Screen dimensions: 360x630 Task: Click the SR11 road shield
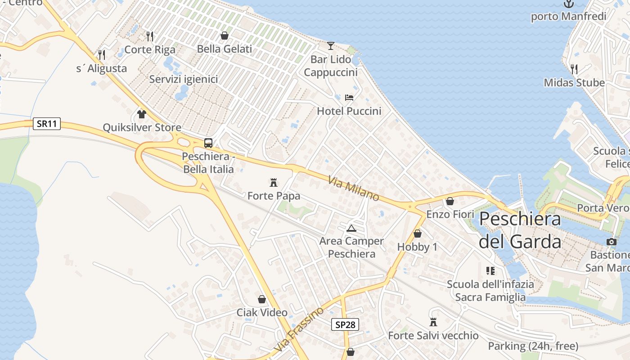pos(47,124)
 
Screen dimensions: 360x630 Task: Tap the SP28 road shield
pos(345,324)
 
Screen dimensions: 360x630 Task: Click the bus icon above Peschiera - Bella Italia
pos(208,143)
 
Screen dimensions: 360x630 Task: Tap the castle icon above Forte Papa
pos(273,182)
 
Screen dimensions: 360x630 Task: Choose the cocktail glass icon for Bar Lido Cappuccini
pos(331,45)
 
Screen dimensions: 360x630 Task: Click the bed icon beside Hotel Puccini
pos(349,97)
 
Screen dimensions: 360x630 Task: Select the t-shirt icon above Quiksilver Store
pos(142,114)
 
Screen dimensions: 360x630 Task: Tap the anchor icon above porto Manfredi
pos(569,4)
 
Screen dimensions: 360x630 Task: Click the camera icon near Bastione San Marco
pos(611,242)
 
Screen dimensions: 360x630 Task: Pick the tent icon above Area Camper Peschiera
pos(351,228)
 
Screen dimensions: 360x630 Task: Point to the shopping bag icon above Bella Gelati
pos(224,36)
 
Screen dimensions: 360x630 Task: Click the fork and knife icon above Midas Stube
pos(574,69)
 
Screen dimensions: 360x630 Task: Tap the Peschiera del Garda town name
pos(520,230)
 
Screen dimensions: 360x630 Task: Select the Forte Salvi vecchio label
pos(433,336)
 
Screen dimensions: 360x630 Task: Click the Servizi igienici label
pos(184,79)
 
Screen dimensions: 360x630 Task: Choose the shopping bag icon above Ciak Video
pos(262,299)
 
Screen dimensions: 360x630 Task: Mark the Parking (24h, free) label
pos(533,346)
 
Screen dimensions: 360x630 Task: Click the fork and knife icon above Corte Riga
pos(150,36)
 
